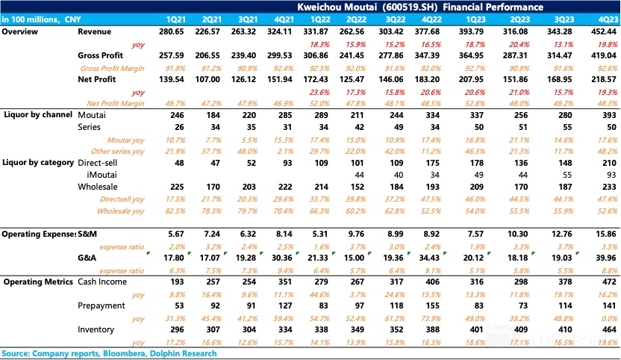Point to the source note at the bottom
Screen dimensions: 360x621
[109, 353]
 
